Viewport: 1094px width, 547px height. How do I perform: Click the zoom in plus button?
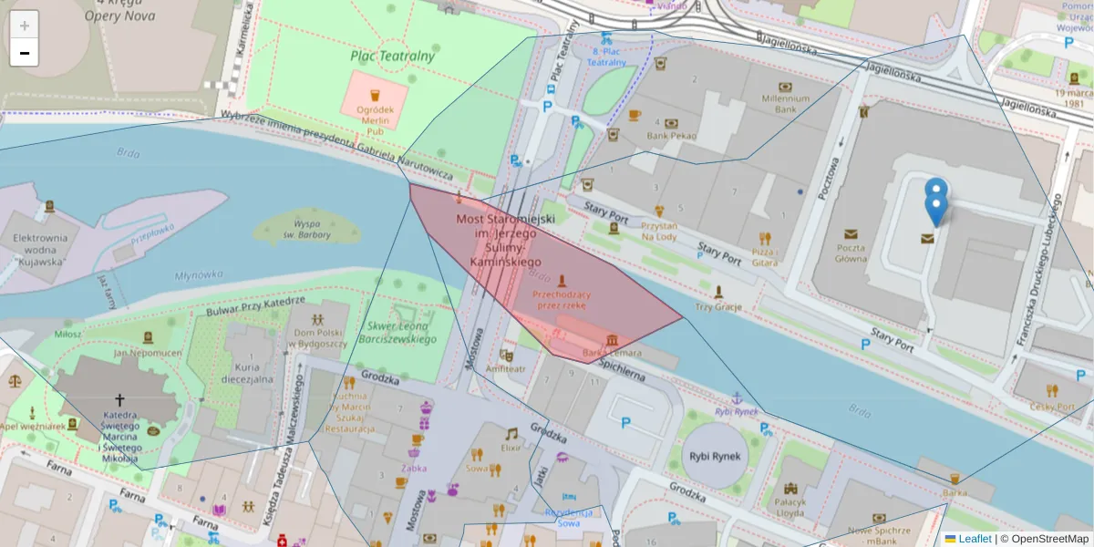(25, 26)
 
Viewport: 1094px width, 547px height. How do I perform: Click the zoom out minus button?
(25, 53)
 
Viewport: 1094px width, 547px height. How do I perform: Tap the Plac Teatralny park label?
(393, 56)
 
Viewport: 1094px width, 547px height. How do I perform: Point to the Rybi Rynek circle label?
(714, 457)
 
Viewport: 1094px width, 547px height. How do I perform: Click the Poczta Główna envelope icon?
(851, 234)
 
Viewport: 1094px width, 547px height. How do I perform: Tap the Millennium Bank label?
(786, 103)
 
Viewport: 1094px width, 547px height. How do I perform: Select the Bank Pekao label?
(671, 136)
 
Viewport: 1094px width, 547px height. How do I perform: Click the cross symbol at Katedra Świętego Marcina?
(119, 399)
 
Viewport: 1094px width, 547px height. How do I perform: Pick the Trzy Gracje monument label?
(718, 306)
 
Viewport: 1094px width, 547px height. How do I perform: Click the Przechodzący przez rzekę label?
(562, 300)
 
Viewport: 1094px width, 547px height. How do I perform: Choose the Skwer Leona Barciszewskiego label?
(402, 332)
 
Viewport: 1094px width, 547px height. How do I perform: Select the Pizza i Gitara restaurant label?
(765, 256)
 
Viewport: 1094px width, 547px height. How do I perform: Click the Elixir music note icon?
(511, 433)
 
